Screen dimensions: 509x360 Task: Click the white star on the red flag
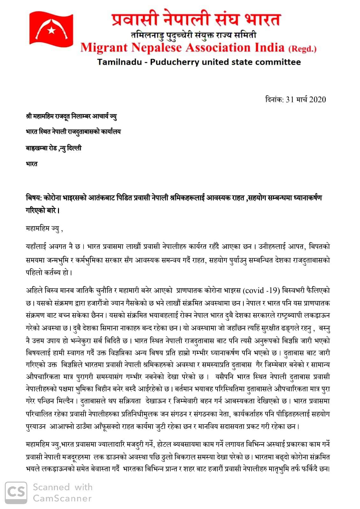coord(52,31)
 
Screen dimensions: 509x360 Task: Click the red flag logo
coord(51,29)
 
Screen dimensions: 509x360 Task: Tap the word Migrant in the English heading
coord(104,48)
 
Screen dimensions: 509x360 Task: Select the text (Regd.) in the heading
coord(302,49)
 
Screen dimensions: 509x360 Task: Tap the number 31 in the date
coord(290,99)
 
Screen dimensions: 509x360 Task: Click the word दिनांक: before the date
coord(274,99)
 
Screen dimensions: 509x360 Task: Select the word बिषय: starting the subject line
coord(33,198)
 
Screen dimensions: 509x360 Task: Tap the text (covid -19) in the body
coord(261,290)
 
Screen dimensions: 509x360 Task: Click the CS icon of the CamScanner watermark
coord(16,492)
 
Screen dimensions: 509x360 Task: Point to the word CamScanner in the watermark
coord(62,498)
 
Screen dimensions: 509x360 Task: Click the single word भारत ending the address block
coord(32,164)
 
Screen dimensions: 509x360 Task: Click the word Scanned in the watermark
coord(51,487)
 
